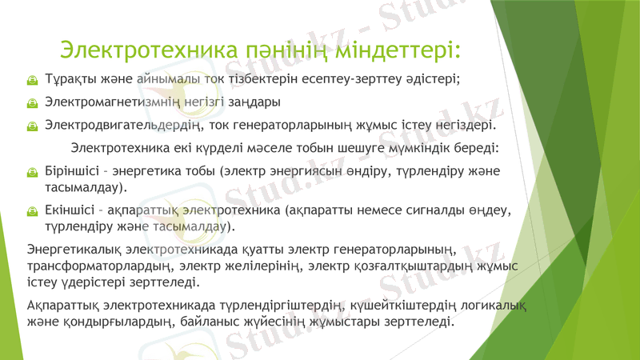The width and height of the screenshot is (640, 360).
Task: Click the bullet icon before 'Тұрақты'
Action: (32, 80)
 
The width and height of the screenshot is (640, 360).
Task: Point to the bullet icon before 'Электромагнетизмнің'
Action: (32, 103)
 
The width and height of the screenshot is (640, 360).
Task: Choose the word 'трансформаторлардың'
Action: (100, 266)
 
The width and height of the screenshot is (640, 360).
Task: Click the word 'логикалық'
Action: (495, 305)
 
